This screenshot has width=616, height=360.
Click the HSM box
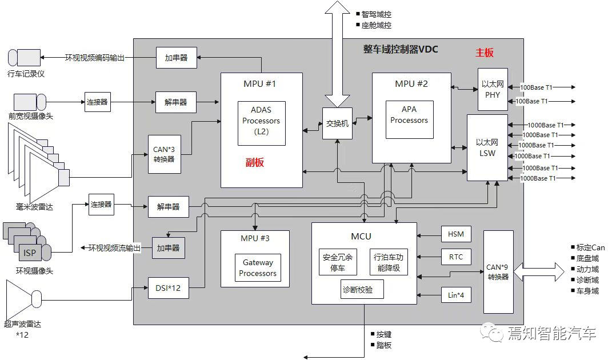point(456,234)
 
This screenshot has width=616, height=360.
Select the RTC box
point(456,257)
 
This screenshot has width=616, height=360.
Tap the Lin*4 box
point(456,295)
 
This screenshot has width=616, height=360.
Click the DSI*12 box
point(168,287)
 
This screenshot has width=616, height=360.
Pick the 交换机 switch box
point(337,123)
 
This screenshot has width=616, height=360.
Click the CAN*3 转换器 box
point(165,154)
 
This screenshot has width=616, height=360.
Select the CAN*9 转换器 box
point(498,271)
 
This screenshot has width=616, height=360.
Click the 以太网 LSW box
point(487,147)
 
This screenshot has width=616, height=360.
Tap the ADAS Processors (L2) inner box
point(261,121)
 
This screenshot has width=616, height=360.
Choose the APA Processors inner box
point(409,119)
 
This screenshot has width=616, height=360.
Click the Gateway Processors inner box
point(258,268)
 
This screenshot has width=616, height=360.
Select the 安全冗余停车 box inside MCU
point(338,262)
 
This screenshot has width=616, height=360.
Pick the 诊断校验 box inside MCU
point(362,290)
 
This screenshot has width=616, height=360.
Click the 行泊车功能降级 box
point(389,262)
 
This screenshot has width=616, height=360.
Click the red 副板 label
point(254,162)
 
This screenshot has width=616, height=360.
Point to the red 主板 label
point(485,53)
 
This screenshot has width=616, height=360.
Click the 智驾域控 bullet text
point(376,14)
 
